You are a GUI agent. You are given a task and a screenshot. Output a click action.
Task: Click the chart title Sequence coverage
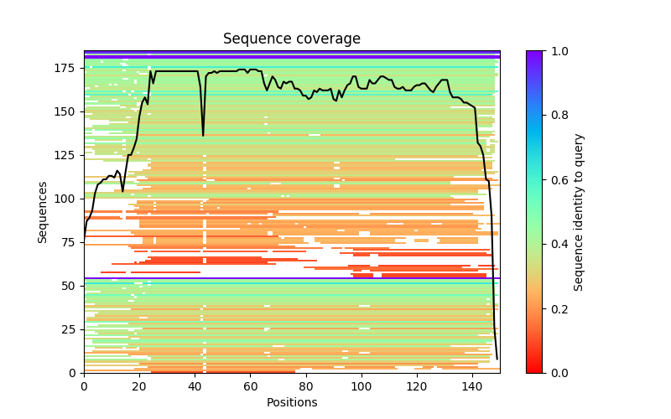point(292,39)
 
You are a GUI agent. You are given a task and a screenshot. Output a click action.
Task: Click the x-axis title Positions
point(292,402)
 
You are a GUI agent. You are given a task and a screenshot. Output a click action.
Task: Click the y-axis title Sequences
point(43,211)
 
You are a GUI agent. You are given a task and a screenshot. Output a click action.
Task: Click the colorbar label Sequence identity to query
point(579,211)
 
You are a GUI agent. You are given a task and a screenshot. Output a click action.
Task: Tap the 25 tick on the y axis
point(70,329)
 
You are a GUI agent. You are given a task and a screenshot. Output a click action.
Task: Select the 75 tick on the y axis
point(70,242)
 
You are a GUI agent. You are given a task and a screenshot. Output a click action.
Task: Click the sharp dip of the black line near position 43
point(203,135)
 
